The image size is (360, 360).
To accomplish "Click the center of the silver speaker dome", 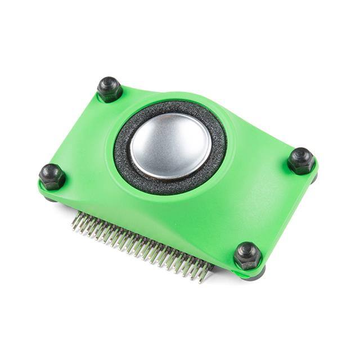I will (170, 146).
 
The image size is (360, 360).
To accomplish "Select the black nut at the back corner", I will (110, 89).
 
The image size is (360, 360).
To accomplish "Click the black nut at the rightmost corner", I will (301, 161).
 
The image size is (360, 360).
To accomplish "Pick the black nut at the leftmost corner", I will (52, 176).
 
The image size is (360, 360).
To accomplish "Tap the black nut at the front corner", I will (247, 256).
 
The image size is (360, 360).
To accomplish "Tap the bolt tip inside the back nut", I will (109, 84).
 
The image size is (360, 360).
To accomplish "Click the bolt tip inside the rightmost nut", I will (301, 155).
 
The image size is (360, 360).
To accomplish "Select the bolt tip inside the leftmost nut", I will (51, 171).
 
